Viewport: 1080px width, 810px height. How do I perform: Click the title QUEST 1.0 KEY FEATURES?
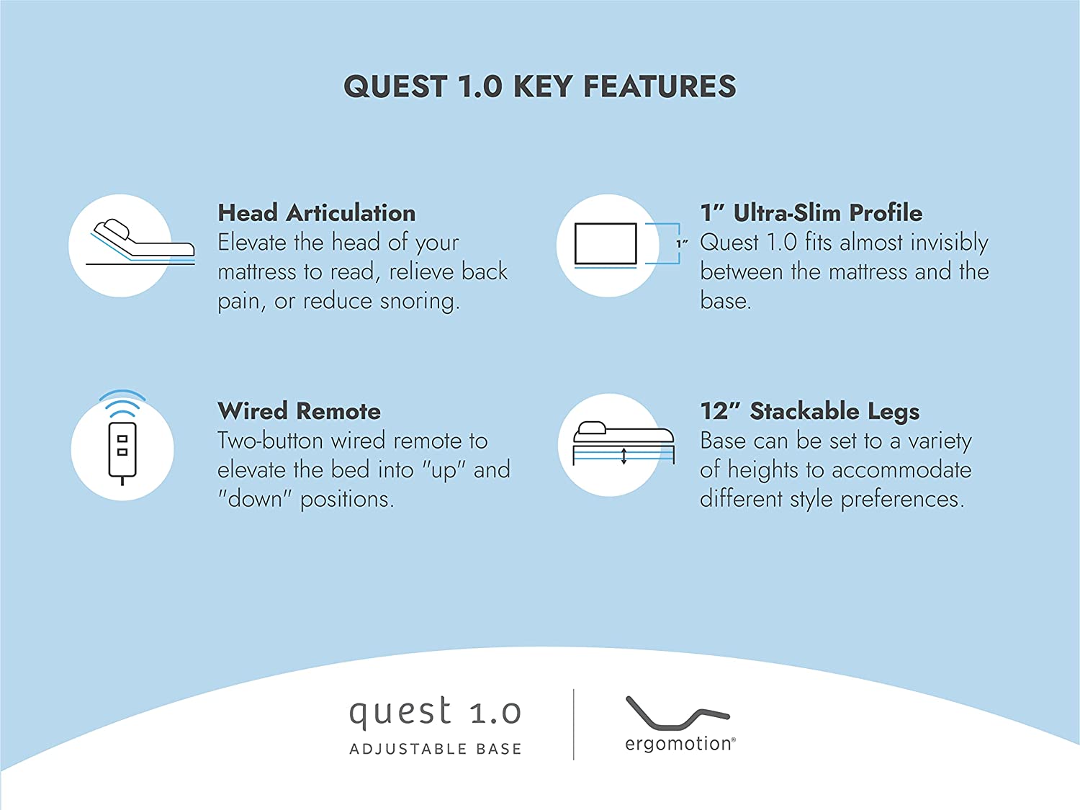[540, 86]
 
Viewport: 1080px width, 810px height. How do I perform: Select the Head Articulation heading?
[316, 213]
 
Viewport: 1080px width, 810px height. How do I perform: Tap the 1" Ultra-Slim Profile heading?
[811, 213]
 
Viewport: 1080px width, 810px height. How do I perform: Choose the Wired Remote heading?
[299, 411]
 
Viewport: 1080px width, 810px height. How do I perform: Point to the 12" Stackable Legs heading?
[809, 412]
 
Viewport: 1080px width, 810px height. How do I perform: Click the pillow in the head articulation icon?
[112, 229]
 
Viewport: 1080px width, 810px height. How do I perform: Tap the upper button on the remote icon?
[122, 438]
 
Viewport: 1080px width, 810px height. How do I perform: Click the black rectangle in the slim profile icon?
[606, 244]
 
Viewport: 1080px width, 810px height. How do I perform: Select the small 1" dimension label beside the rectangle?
[681, 243]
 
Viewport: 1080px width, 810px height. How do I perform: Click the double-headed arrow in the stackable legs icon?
[624, 456]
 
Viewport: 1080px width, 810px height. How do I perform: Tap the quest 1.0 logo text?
[435, 711]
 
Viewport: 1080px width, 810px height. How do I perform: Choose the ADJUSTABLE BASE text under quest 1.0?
[436, 749]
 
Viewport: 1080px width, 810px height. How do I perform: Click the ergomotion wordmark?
[680, 744]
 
